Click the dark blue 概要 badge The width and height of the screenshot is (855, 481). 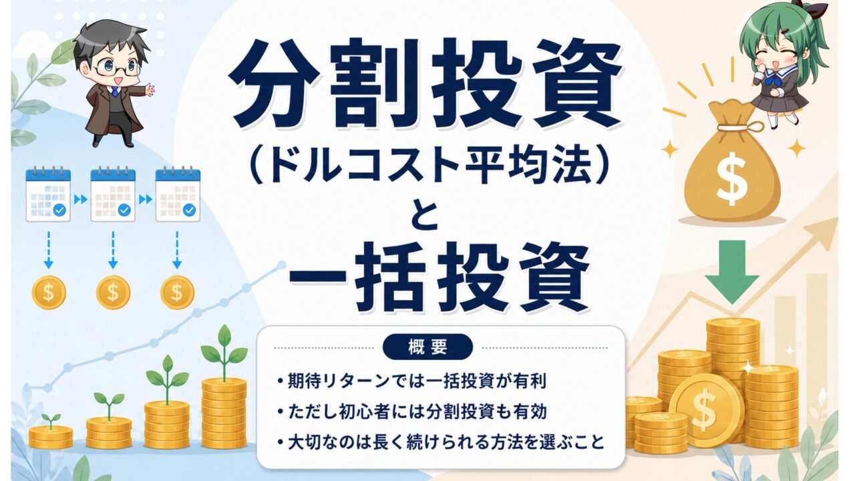tap(427, 347)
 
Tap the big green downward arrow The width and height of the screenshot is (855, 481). tap(731, 272)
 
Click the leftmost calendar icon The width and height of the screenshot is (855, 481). tap(48, 194)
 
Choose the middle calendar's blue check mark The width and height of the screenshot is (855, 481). tap(124, 210)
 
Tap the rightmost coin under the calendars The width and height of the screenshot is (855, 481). tap(177, 293)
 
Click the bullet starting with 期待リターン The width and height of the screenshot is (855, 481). tap(412, 381)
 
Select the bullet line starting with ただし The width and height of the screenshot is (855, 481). tap(412, 412)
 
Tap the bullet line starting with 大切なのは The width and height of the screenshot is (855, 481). tap(441, 442)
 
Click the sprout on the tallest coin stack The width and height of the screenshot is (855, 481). tap(224, 352)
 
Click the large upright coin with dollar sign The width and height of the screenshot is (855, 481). tap(706, 411)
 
